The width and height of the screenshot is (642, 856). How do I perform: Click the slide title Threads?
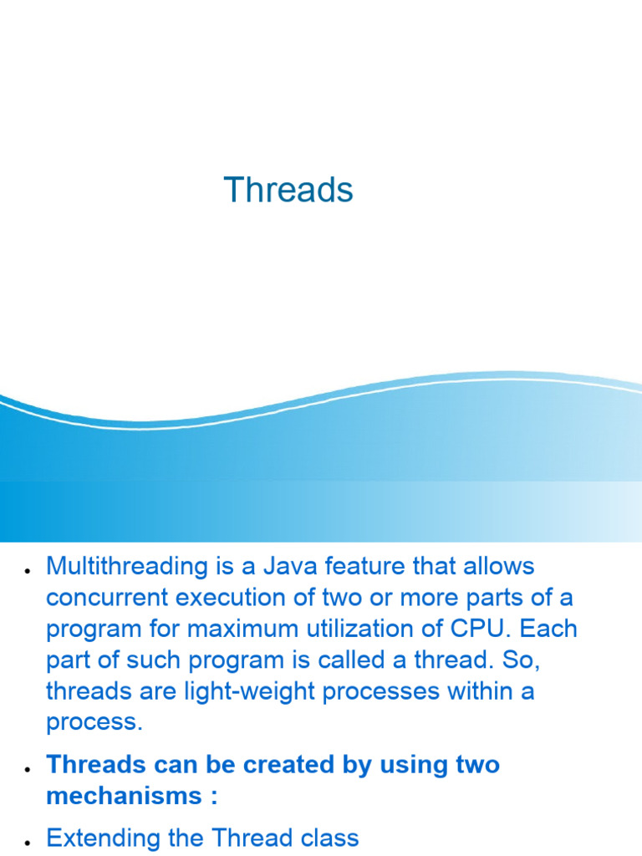288,190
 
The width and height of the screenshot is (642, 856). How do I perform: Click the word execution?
231,598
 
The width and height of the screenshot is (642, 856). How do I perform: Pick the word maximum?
242,629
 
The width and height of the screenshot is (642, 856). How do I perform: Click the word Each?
548,629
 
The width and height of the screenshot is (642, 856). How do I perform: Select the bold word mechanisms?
125,796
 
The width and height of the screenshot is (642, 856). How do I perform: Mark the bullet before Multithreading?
27,571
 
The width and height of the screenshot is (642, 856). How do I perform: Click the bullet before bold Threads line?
27,769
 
